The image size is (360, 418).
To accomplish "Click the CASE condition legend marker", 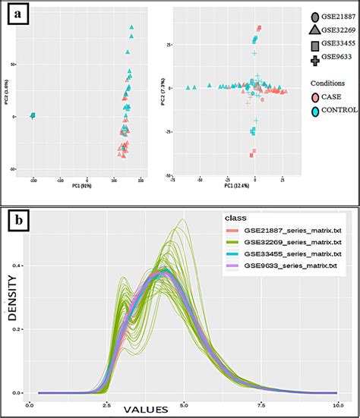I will tap(315, 98).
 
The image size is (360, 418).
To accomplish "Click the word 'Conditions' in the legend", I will tap(329, 83).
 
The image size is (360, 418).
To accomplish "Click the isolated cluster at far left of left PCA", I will tap(33, 115).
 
